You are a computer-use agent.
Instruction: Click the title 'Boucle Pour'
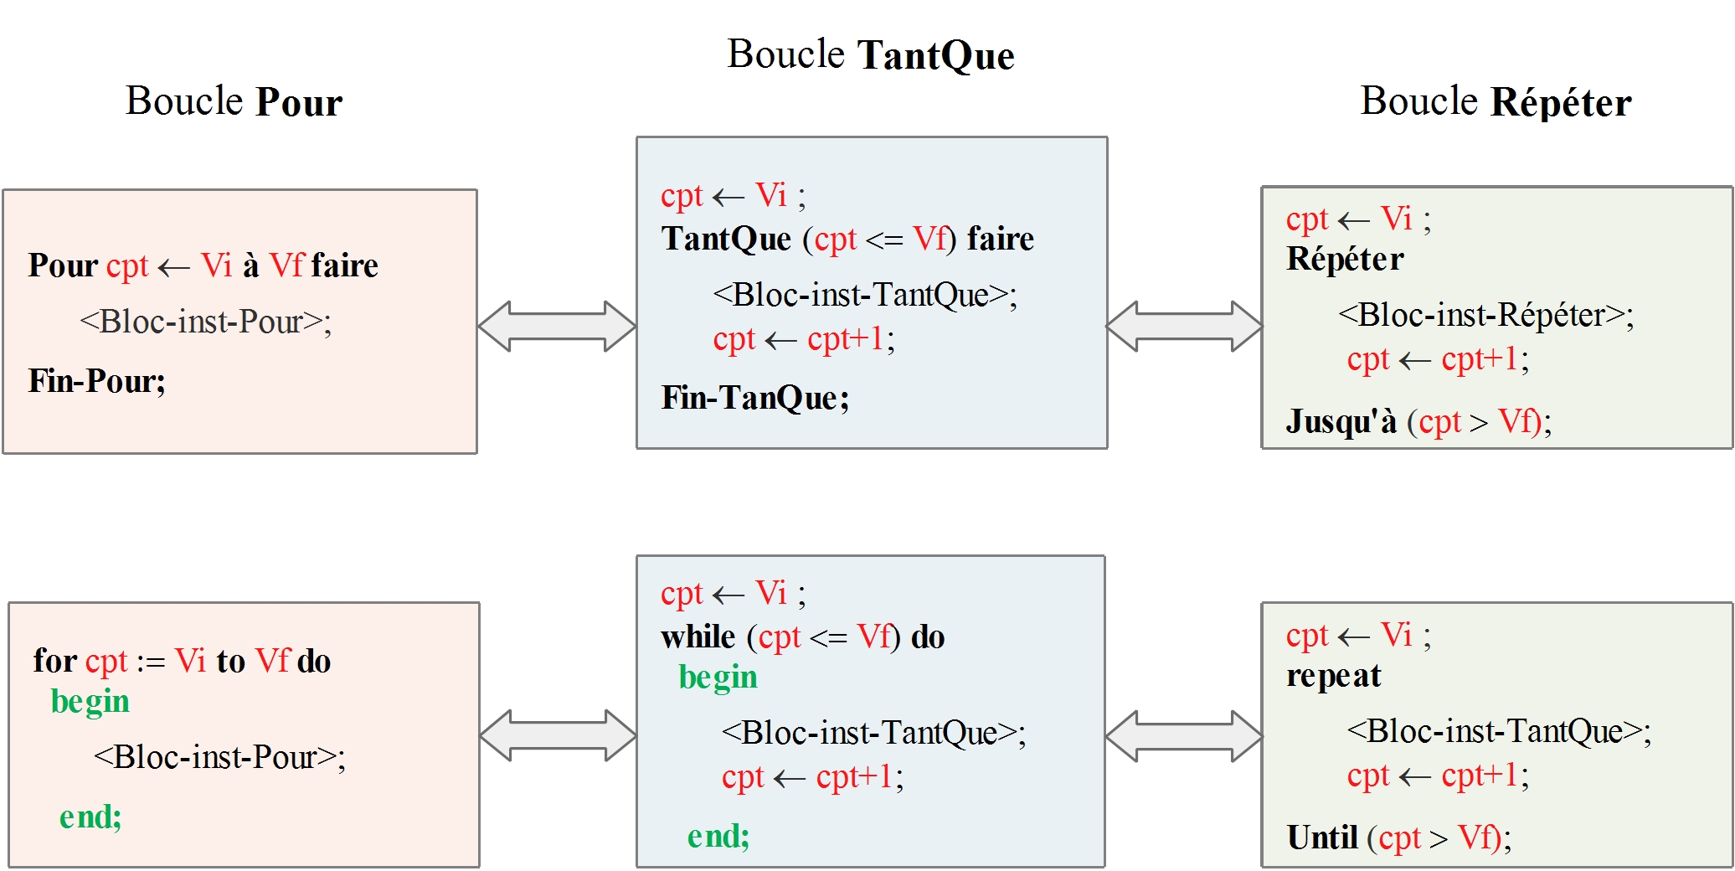(234, 101)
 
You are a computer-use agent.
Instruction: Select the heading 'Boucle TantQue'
(870, 55)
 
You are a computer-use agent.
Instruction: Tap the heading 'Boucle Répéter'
(1496, 101)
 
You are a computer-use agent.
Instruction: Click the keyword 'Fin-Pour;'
(97, 381)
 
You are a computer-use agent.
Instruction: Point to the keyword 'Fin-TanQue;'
(754, 398)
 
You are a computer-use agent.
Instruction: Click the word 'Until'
(1322, 837)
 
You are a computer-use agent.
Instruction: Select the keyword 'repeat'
(1333, 676)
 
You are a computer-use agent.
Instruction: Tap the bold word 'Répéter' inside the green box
(1345, 259)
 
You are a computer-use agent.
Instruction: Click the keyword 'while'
(698, 637)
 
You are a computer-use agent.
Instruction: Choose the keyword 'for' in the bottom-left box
(54, 661)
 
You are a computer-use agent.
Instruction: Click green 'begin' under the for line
(90, 701)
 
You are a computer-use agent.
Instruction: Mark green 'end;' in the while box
(718, 836)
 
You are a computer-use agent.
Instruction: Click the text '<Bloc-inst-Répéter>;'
(1485, 315)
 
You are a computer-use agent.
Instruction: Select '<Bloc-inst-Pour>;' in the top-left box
(205, 322)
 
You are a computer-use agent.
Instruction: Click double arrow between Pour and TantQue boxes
(557, 326)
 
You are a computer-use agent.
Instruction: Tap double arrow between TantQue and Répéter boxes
(1184, 326)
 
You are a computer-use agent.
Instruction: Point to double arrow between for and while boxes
(558, 735)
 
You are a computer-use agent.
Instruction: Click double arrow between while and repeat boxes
(1183, 736)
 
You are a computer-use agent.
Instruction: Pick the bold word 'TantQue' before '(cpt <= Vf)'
(726, 240)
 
